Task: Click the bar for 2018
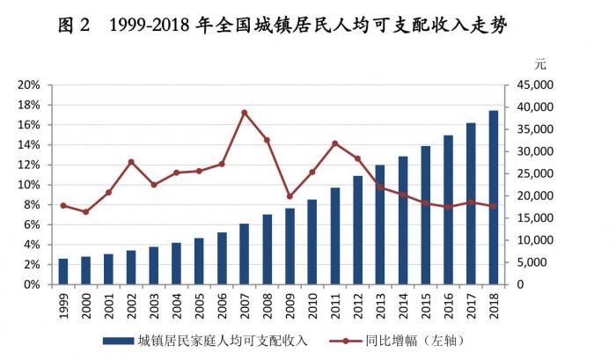(494, 197)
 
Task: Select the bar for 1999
(62, 271)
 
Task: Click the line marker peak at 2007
(244, 113)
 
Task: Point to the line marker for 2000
(85, 212)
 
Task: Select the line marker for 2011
(334, 143)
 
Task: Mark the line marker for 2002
(131, 162)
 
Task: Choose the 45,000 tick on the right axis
(530, 85)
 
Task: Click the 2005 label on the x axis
(199, 304)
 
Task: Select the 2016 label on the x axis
(449, 304)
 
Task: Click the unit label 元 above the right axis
(540, 64)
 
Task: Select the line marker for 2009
(290, 196)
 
